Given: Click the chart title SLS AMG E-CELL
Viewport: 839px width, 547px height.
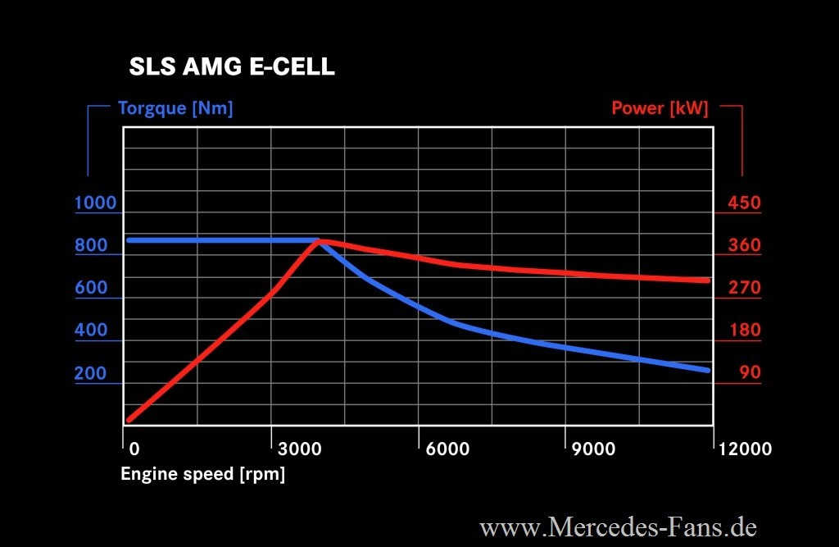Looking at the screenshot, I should [232, 67].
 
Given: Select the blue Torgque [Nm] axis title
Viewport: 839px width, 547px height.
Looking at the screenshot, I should [175, 108].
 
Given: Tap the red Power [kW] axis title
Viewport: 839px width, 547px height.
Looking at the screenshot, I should [660, 108].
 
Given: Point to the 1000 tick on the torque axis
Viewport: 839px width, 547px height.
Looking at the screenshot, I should [96, 203].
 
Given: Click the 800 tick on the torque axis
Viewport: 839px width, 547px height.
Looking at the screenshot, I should [91, 246].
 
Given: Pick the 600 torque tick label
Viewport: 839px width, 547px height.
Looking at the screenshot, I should [91, 289].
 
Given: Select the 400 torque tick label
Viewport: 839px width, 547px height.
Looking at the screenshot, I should [91, 331].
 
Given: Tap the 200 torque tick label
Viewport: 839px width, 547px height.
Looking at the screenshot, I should [91, 374].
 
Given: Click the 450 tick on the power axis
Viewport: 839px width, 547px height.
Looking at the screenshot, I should [744, 203].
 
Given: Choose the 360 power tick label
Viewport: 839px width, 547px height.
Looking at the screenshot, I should [744, 246].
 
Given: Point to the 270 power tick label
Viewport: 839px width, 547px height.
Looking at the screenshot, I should [744, 289].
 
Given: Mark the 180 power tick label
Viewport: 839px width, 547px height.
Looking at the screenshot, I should [744, 331].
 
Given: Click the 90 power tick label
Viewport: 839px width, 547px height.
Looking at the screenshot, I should [750, 374].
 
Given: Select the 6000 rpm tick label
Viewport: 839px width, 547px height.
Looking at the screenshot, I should [447, 449].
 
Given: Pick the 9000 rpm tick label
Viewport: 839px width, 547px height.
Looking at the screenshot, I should [593, 449].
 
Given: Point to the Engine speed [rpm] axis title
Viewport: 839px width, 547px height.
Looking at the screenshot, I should [202, 474].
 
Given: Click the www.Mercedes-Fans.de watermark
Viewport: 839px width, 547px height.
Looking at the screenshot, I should [618, 526].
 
